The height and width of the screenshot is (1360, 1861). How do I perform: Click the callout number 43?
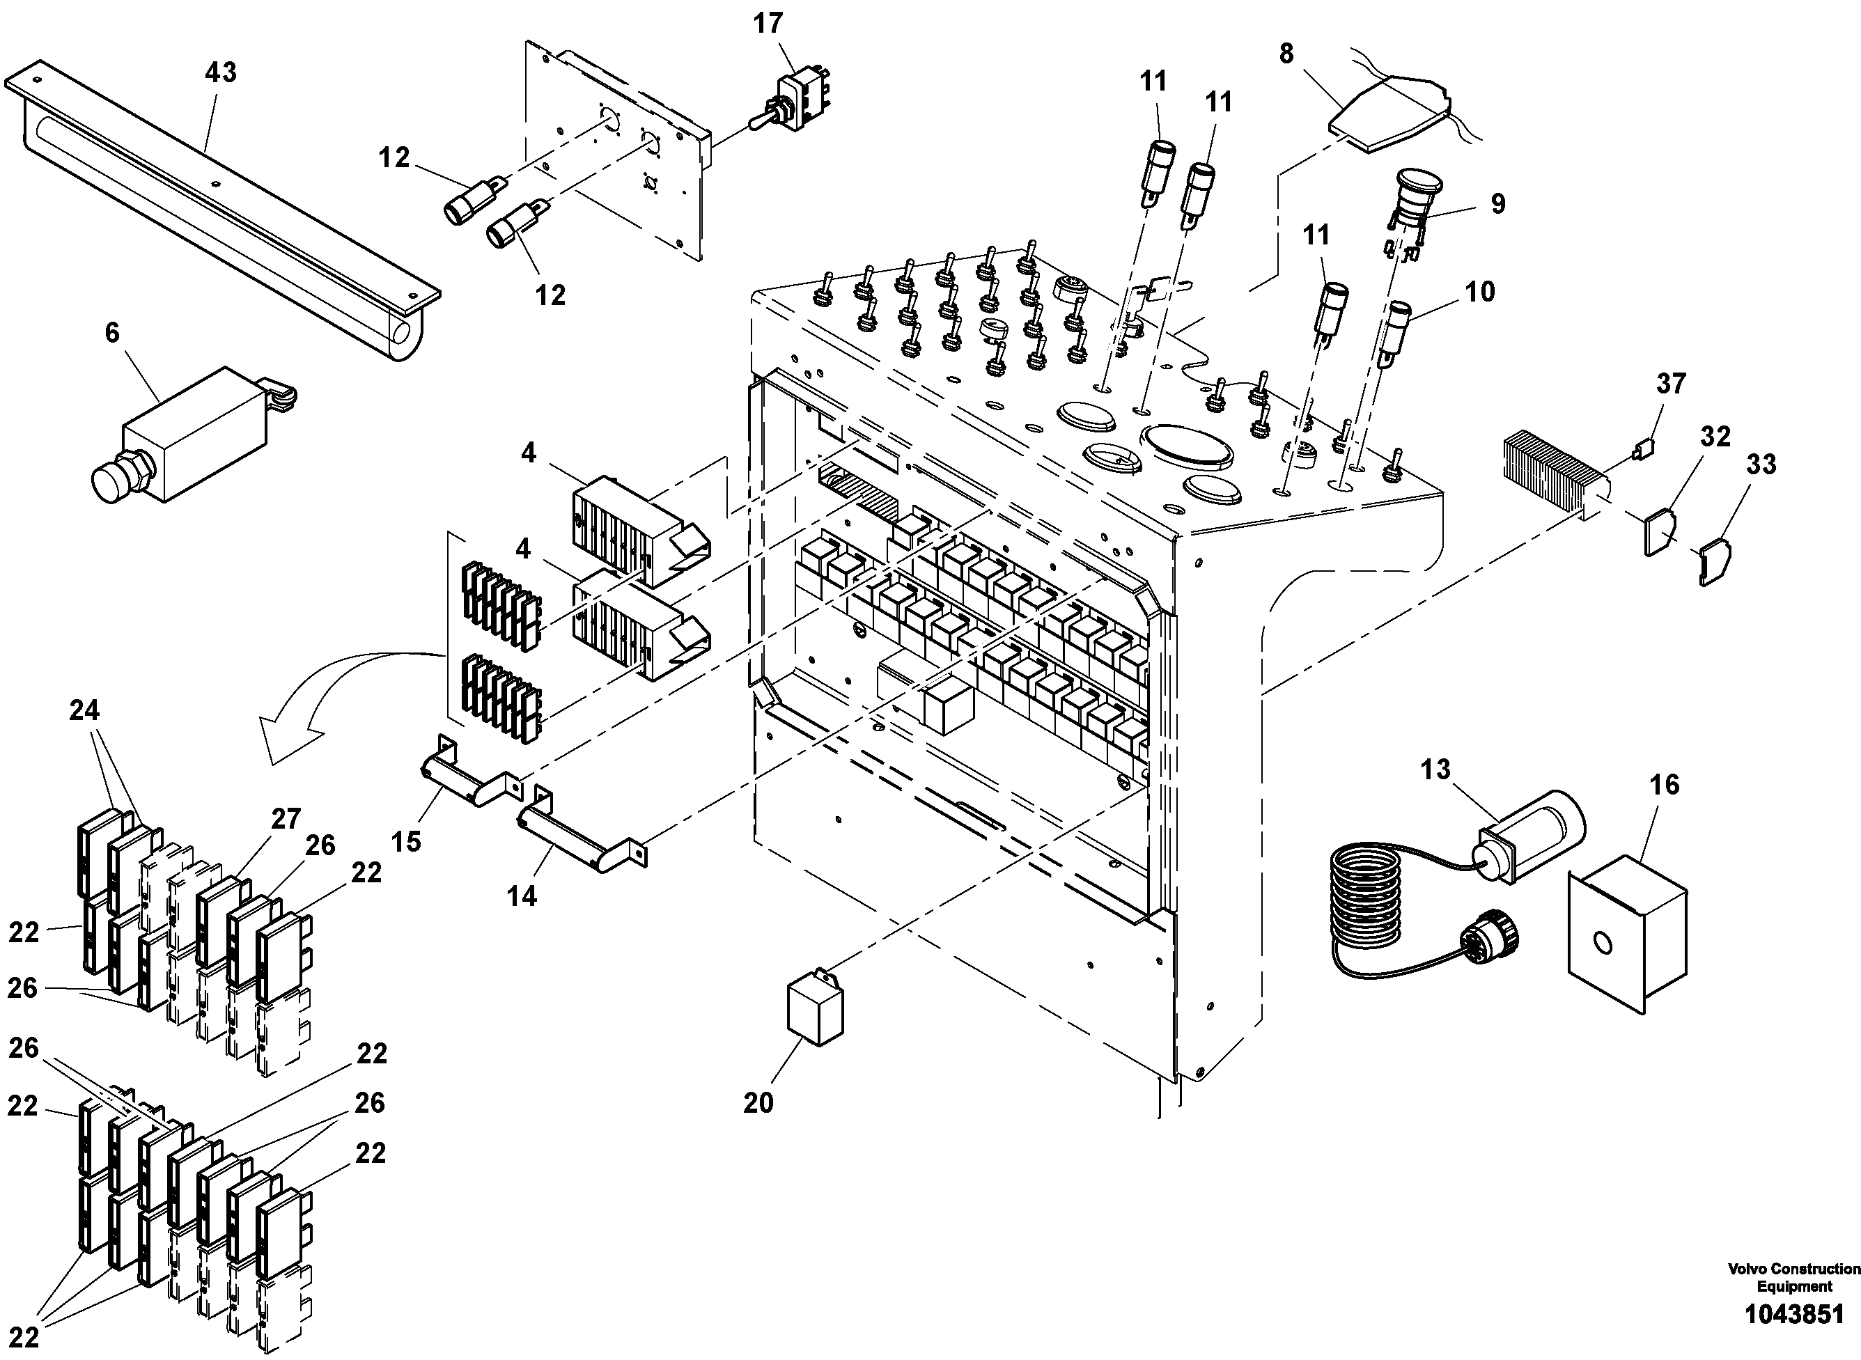click(x=220, y=72)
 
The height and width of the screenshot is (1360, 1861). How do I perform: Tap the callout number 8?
click(x=1286, y=54)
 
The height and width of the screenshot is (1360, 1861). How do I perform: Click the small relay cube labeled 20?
click(x=815, y=1010)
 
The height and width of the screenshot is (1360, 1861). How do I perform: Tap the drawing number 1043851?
click(x=1794, y=1314)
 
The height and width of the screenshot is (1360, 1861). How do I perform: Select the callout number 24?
click(x=84, y=710)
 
